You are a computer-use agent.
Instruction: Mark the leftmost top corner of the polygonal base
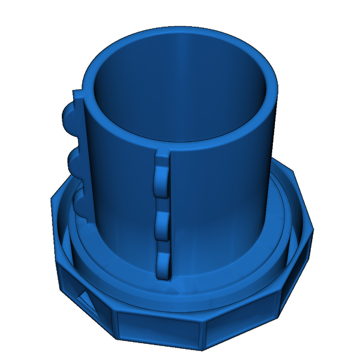coord(52,199)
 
